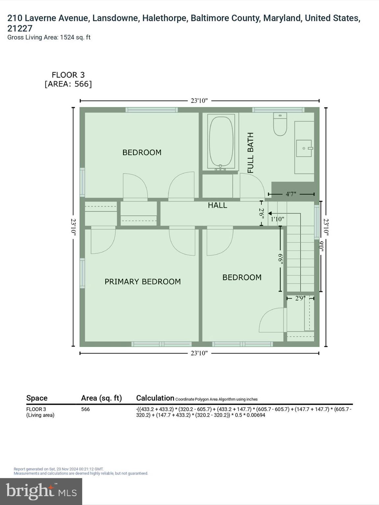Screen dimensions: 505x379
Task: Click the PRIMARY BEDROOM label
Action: (142, 281)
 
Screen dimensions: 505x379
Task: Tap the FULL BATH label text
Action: (251, 153)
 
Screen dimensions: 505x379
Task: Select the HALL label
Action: (217, 205)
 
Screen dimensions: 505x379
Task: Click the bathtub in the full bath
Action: (221, 141)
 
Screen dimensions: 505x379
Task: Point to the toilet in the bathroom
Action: (280, 125)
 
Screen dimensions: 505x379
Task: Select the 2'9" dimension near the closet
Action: (300, 298)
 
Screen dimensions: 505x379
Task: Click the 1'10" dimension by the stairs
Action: (277, 219)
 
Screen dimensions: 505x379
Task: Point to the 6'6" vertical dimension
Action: (280, 259)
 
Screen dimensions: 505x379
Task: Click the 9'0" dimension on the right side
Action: (321, 246)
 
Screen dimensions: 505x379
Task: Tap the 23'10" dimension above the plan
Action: (199, 101)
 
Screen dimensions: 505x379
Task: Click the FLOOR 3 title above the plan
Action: (68, 75)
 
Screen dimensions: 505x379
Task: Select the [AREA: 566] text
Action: (68, 84)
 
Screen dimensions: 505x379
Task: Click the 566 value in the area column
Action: (86, 409)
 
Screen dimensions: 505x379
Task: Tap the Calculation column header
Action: (155, 398)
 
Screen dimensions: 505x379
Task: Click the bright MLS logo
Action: (41, 491)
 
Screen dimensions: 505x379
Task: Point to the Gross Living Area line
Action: (49, 37)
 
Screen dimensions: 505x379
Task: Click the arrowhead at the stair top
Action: (270, 213)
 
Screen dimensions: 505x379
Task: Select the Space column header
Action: (37, 398)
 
